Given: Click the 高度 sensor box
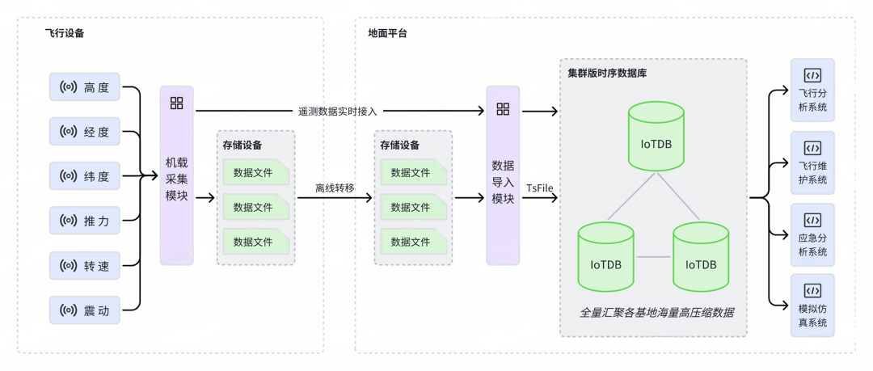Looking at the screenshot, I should (x=85, y=86).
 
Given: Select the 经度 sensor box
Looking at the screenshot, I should (x=85, y=131).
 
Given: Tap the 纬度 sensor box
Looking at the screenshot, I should (x=85, y=175).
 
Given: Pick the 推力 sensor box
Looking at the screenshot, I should (x=85, y=220).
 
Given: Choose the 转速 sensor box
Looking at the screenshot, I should (x=85, y=264).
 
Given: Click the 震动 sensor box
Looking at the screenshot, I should (x=85, y=309).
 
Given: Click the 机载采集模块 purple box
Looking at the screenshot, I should (x=176, y=175).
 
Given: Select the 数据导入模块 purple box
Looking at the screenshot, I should (x=503, y=175).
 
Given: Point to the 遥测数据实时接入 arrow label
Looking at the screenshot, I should (x=337, y=111).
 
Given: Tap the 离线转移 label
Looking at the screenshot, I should (x=335, y=188).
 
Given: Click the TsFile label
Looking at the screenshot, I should (x=539, y=188).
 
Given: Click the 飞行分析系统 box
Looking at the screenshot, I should (x=812, y=90).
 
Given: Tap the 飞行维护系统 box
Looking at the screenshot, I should (x=812, y=162).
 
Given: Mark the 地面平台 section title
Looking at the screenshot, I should (x=387, y=33).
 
